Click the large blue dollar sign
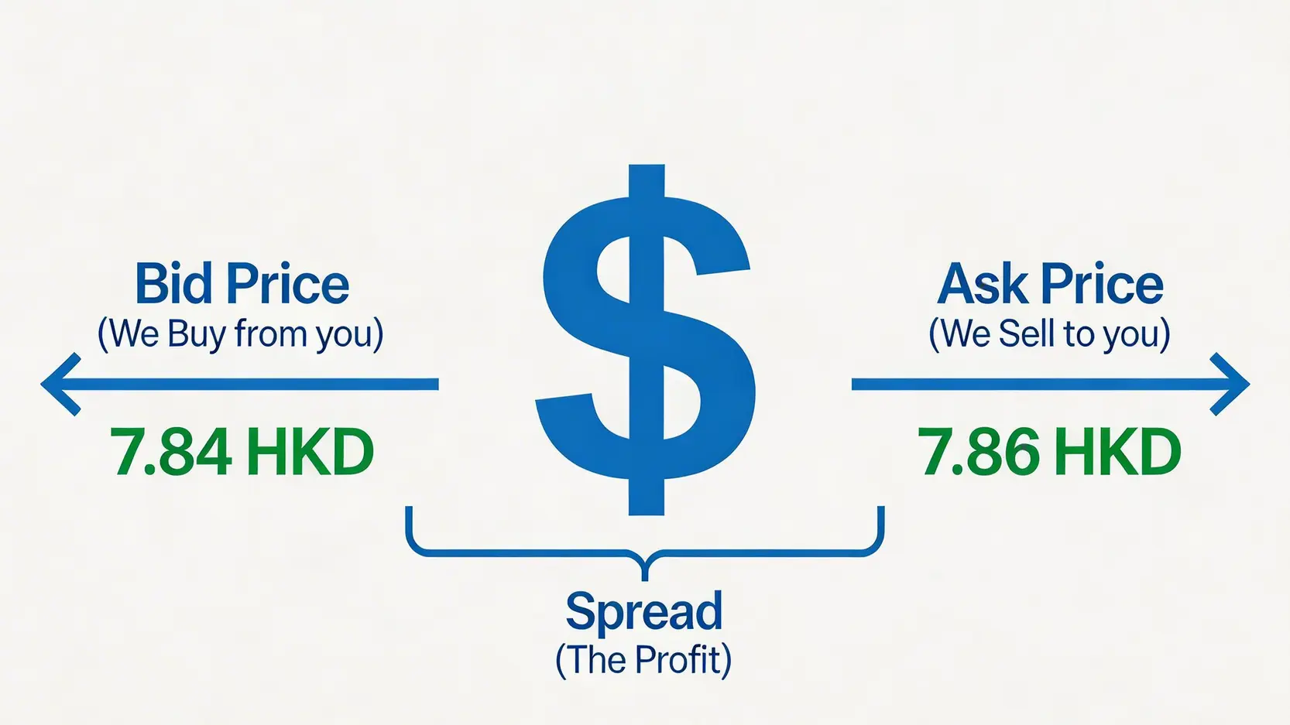point(646,340)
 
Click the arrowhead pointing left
point(61,384)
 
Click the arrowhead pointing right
point(1230,384)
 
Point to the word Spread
point(644,612)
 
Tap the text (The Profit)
point(643,661)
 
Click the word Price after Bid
point(288,283)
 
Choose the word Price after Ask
point(1103,283)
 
